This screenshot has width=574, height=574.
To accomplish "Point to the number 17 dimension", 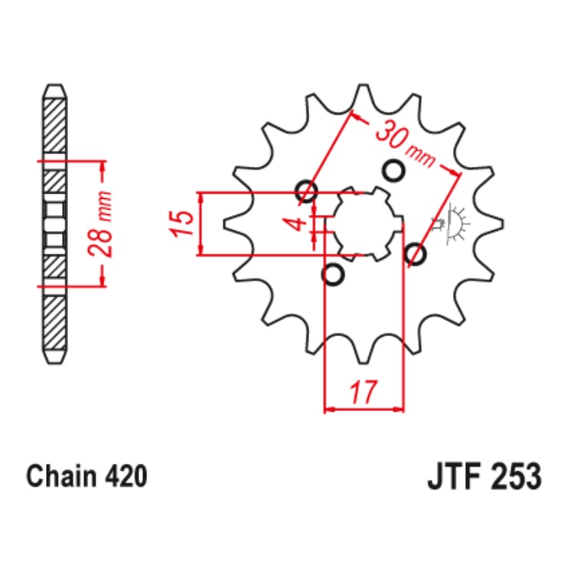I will click(x=364, y=393).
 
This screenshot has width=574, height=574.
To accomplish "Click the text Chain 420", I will click(x=86, y=476).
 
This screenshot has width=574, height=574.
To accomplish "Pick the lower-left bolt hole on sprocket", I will click(x=333, y=274).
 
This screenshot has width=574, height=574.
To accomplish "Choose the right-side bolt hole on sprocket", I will click(x=415, y=253).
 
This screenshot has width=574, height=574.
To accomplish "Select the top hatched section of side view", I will click(x=54, y=126).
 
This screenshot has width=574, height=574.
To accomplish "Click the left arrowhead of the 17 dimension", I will click(x=330, y=409).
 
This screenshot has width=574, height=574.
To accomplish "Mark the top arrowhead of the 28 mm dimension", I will click(x=102, y=166).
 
